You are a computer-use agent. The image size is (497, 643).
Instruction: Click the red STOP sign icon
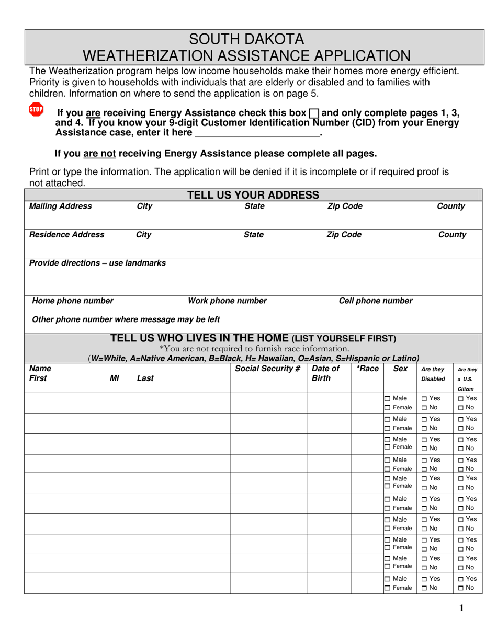36,109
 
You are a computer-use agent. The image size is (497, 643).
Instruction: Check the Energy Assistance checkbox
314,113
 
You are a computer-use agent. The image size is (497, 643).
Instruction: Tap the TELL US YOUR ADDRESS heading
253,195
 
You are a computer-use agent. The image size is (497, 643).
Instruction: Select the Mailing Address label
60,206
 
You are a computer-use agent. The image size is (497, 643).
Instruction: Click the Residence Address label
66,235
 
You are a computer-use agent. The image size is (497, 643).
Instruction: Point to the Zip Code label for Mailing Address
344,206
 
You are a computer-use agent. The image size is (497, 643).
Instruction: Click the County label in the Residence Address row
452,235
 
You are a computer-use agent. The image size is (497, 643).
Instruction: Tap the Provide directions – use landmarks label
97,263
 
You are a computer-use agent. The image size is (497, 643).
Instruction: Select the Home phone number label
73,301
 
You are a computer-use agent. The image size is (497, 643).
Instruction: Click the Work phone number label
227,301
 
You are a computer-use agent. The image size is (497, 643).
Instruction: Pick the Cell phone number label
376,301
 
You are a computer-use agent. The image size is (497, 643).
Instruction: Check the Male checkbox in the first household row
388,399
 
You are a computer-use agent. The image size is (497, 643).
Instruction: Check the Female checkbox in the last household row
388,588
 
